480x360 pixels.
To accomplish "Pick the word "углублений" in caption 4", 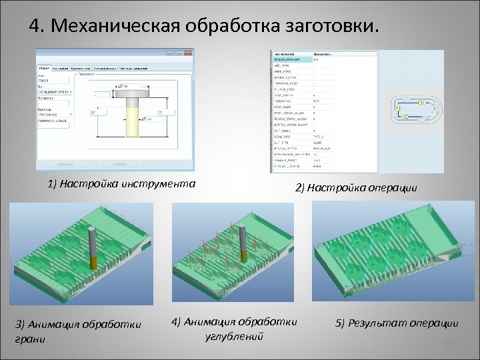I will point(234,335).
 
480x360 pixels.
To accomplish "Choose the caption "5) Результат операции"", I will point(397,323).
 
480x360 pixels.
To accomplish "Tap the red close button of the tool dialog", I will point(189,53).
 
